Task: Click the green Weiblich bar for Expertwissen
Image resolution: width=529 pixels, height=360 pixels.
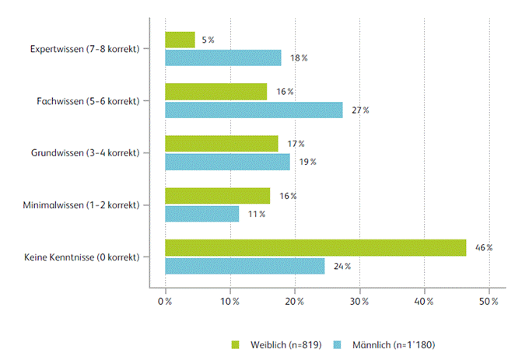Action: pyautogui.click(x=180, y=40)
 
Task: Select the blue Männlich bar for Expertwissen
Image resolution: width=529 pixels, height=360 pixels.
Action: pyautogui.click(x=223, y=58)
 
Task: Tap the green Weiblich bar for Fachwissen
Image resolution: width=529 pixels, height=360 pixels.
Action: pyautogui.click(x=215, y=92)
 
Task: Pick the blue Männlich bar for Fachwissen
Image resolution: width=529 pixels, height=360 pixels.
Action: pyautogui.click(x=254, y=110)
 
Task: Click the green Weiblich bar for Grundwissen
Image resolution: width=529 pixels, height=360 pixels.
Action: pyautogui.click(x=222, y=144)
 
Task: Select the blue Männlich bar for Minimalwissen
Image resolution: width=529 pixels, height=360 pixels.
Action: pyautogui.click(x=202, y=214)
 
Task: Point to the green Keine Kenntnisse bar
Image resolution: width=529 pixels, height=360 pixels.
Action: pyautogui.click(x=315, y=247)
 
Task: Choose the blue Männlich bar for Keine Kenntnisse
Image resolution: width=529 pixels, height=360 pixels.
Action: pyautogui.click(x=244, y=266)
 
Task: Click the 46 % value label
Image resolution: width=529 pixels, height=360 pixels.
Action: pyautogui.click(x=484, y=247)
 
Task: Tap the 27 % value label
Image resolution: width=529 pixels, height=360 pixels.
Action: pyautogui.click(x=360, y=110)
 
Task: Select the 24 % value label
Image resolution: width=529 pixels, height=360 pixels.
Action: pyautogui.click(x=342, y=266)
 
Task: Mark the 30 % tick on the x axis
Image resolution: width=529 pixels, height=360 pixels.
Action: pyautogui.click(x=359, y=299)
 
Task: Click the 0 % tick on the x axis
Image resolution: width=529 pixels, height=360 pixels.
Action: pyautogui.click(x=165, y=299)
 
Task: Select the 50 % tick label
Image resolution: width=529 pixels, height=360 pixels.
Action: pyautogui.click(x=489, y=299)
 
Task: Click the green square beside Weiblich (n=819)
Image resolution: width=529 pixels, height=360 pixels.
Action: pyautogui.click(x=235, y=343)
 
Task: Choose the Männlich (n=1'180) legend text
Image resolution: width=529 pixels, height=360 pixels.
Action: pyautogui.click(x=389, y=343)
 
